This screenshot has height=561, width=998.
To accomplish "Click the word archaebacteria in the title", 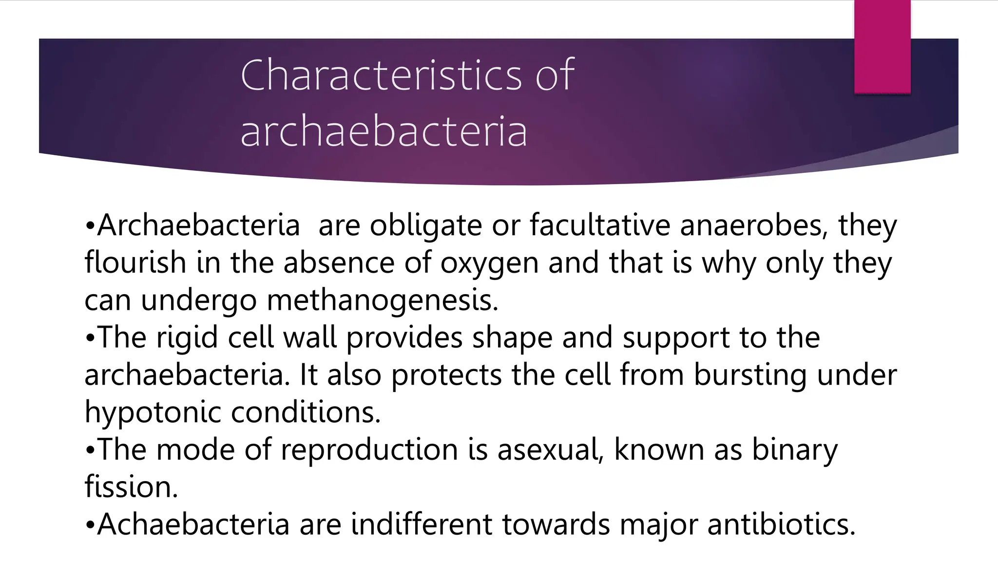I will [x=384, y=131].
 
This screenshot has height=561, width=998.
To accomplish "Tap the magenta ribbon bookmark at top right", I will [x=882, y=47].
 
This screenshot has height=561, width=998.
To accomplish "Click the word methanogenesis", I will [x=383, y=300].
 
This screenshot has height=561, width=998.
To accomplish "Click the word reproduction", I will [x=369, y=449].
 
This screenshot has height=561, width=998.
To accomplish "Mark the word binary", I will [x=795, y=449].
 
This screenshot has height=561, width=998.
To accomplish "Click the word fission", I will [x=131, y=486].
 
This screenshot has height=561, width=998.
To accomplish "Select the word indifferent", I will [x=422, y=524].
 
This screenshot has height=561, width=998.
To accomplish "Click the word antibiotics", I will [x=781, y=524].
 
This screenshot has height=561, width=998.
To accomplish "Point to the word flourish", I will [x=135, y=263].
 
